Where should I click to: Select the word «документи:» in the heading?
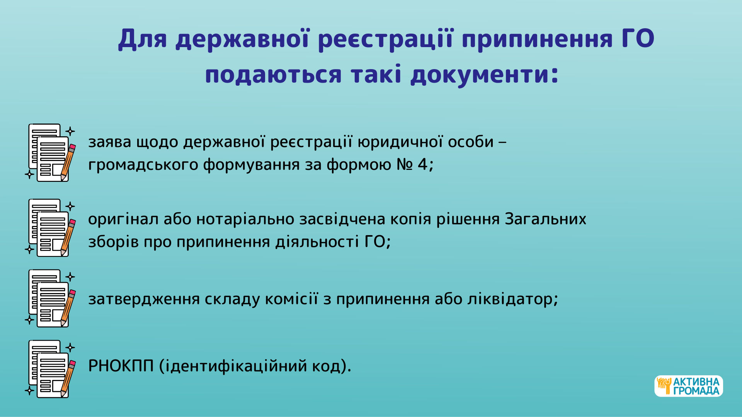click(x=485, y=74)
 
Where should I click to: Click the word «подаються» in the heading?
click(x=274, y=74)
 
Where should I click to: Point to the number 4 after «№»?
click(x=423, y=164)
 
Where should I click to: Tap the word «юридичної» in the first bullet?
click(x=400, y=142)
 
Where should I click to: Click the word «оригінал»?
click(x=123, y=219)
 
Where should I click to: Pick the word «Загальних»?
click(x=546, y=219)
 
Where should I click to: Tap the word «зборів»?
click(x=114, y=242)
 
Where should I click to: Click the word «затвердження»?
click(x=144, y=299)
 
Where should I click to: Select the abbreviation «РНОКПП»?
click(x=121, y=366)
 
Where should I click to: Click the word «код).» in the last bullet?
click(x=332, y=366)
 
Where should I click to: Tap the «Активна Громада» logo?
click(x=689, y=386)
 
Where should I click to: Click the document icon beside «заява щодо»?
click(x=50, y=153)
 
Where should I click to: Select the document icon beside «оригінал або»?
click(x=50, y=228)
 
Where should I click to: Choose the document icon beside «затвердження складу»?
click(x=50, y=298)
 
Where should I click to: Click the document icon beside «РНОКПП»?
click(x=50, y=369)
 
